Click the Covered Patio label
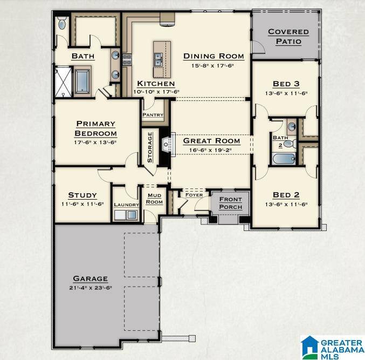288,37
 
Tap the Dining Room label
214,56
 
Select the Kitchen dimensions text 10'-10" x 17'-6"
155,92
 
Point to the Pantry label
153,115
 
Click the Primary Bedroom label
96,128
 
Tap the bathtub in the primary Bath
84,81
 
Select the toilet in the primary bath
62,23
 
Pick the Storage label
150,148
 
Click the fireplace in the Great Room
166,144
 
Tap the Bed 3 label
286,84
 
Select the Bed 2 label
286,195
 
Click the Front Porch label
230,203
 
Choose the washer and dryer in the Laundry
126,215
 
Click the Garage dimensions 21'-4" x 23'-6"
91,288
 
